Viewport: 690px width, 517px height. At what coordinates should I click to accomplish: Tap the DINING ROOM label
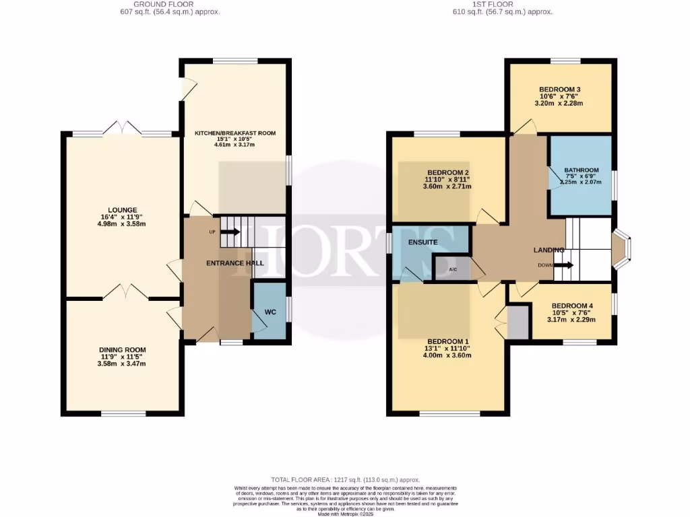tap(122, 349)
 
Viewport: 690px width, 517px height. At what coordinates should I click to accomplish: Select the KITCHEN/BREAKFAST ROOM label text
tap(235, 133)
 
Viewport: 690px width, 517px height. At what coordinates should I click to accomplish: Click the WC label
tap(270, 312)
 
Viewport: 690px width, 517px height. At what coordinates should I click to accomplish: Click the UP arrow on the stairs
tap(229, 232)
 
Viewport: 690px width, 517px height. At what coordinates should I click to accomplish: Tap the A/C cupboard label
tap(453, 269)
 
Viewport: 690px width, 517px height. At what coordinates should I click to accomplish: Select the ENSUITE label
tap(422, 242)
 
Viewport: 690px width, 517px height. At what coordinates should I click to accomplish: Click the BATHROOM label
tap(581, 170)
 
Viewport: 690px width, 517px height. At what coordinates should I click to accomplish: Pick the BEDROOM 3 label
tap(559, 90)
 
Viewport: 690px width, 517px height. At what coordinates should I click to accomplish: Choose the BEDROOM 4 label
tap(571, 305)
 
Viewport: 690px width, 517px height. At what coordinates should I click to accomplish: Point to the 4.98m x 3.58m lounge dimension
tap(122, 224)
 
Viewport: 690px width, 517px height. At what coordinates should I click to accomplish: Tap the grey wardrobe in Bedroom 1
tap(518, 322)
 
